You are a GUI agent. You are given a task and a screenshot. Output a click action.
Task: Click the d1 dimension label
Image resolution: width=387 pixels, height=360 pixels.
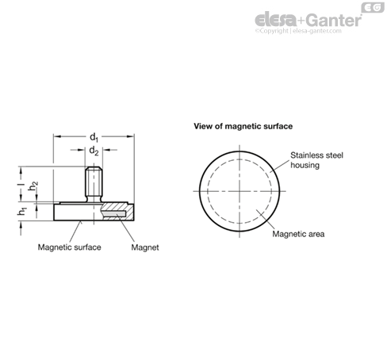[94, 137]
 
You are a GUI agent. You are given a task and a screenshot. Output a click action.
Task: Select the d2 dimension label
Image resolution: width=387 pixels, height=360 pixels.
[94, 151]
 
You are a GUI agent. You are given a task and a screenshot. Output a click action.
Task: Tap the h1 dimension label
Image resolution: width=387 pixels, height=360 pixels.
[22, 212]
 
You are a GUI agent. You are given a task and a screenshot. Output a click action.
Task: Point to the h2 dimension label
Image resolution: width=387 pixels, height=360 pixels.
[33, 186]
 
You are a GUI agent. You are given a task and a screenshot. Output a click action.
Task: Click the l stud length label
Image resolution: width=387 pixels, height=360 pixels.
[22, 185]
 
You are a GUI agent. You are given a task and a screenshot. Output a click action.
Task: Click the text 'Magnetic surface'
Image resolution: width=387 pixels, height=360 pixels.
[69, 247]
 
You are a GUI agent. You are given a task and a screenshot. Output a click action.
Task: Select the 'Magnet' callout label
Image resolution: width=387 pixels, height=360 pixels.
[145, 247]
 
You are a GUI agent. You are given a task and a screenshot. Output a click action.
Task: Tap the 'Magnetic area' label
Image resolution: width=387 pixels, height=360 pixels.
[298, 234]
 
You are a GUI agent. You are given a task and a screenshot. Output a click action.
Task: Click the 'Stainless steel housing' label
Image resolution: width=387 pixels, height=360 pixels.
[316, 160]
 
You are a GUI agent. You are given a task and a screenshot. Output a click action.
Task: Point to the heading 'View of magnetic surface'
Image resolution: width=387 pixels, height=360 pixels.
[243, 126]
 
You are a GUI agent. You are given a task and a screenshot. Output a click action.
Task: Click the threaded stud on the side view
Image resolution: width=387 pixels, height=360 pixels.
[94, 184]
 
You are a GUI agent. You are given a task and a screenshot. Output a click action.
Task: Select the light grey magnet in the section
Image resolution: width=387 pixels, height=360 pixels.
[113, 213]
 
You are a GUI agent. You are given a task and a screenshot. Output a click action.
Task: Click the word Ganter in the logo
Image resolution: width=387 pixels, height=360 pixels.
[334, 21]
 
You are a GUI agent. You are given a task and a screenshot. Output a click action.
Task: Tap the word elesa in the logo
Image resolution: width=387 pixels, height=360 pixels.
[276, 20]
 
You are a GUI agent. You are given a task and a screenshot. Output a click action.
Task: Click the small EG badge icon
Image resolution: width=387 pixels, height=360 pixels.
[373, 7]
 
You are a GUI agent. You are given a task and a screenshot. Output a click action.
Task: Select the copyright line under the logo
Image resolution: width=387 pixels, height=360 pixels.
[298, 31]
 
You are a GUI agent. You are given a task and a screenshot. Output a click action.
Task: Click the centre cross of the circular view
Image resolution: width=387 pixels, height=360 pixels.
[239, 191]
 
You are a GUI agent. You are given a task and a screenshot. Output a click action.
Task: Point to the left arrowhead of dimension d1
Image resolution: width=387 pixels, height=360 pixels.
[57, 136]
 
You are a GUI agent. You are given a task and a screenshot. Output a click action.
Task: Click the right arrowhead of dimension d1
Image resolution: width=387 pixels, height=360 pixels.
[131, 136]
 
